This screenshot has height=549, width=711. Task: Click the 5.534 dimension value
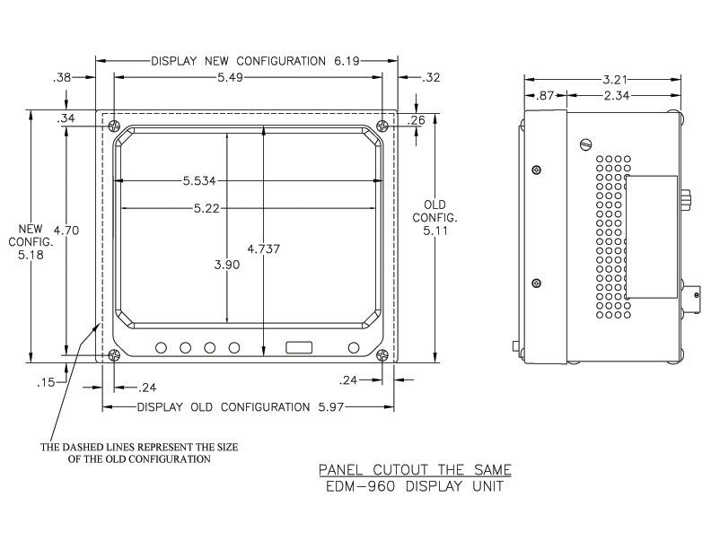coord(199,181)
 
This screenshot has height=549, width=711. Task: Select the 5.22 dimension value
coord(206,208)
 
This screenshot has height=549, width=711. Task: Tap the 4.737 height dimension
coord(263,248)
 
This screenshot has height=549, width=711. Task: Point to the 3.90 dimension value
coord(227,265)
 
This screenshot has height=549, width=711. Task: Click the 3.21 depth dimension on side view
coord(614,80)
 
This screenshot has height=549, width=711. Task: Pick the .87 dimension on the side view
coord(545,96)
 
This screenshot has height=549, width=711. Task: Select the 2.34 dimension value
coord(617,96)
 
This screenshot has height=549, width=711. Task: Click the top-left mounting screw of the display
coord(114,126)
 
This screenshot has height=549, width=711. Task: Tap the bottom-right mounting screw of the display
coord(382,355)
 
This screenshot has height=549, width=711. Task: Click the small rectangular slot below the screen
coord(299,348)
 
